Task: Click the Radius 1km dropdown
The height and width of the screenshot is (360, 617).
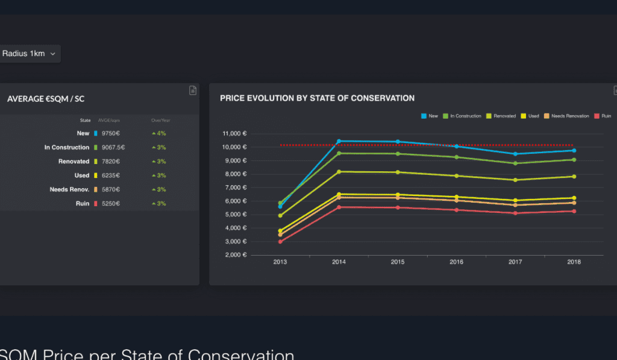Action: pyautogui.click(x=28, y=54)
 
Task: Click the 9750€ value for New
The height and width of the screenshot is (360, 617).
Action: pyautogui.click(x=109, y=133)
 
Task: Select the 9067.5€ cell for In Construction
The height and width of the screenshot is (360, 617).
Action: pyautogui.click(x=113, y=147)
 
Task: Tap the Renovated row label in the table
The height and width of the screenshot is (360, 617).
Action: pyautogui.click(x=74, y=162)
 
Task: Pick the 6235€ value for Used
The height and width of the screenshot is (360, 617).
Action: pyautogui.click(x=109, y=175)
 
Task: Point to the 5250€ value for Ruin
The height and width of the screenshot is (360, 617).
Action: pyautogui.click(x=109, y=204)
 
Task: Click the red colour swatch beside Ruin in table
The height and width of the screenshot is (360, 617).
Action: pyautogui.click(x=95, y=204)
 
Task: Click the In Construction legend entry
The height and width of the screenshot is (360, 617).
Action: pyautogui.click(x=462, y=116)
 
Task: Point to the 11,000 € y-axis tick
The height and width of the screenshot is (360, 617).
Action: pyautogui.click(x=235, y=133)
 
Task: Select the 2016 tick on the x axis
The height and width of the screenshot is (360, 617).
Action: pyautogui.click(x=457, y=262)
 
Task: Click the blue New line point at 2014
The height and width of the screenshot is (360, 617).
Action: pyautogui.click(x=339, y=141)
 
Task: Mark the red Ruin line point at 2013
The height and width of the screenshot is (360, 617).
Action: pyautogui.click(x=280, y=242)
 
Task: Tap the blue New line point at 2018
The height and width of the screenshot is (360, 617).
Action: pyautogui.click(x=574, y=150)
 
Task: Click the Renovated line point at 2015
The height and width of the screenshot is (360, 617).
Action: pyautogui.click(x=398, y=172)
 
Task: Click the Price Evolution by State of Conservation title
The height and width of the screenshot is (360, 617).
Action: pyautogui.click(x=317, y=98)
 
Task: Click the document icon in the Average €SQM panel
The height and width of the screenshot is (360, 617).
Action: pyautogui.click(x=193, y=90)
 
